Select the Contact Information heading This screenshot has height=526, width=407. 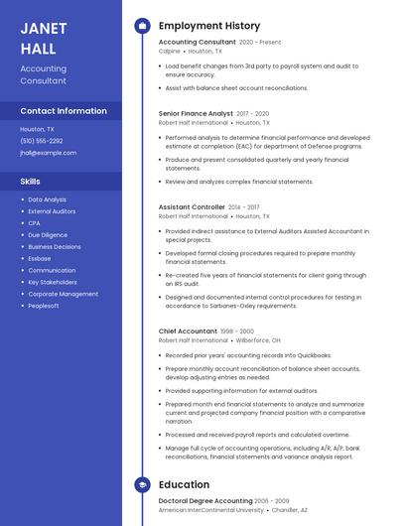(63, 111)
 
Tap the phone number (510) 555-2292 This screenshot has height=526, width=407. (42, 141)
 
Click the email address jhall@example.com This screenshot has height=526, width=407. (48, 153)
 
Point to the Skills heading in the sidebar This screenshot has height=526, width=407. (31, 182)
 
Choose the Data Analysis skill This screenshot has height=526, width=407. (48, 199)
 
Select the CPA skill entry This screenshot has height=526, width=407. (34, 223)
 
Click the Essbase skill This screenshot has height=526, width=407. (40, 258)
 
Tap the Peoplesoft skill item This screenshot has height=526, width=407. (44, 306)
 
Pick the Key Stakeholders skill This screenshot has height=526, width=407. (53, 282)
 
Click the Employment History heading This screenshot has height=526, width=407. (208, 26)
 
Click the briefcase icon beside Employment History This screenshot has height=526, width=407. (142, 26)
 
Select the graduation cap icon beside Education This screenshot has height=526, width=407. (142, 485)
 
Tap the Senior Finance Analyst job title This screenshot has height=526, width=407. (196, 114)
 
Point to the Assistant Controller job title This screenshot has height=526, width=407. (192, 207)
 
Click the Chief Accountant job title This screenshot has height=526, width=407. (188, 331)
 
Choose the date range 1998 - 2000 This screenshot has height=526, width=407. (236, 331)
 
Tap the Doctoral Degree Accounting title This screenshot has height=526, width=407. (205, 501)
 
